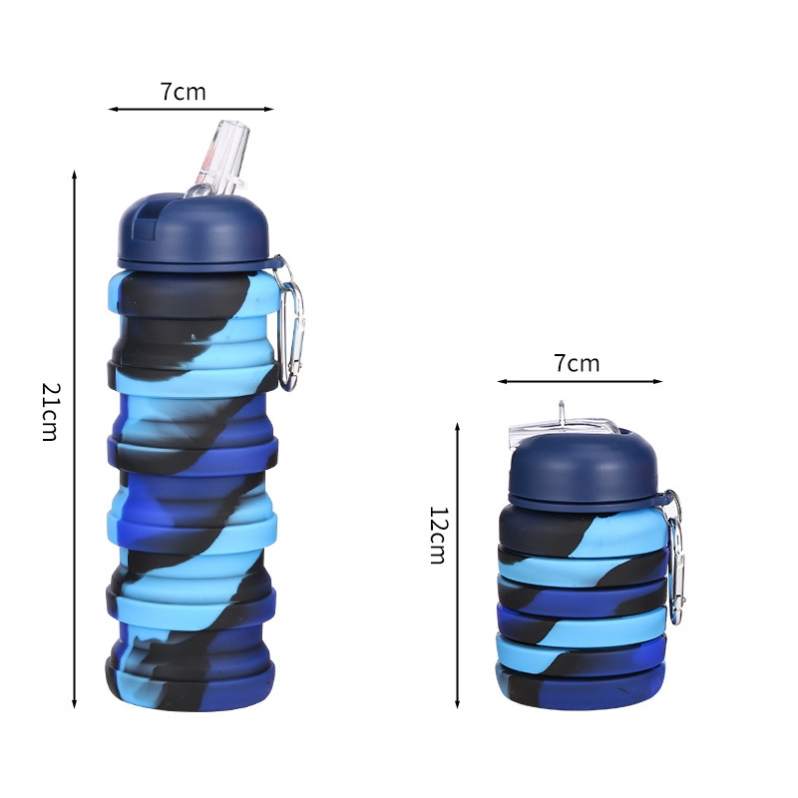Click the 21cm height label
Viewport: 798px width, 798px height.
50,411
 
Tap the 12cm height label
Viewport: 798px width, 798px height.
437,535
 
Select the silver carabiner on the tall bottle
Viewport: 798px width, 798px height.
291,324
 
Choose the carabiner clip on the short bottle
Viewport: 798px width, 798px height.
675,559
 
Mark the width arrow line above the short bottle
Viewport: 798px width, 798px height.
580,381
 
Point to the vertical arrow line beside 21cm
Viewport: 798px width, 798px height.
75,439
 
